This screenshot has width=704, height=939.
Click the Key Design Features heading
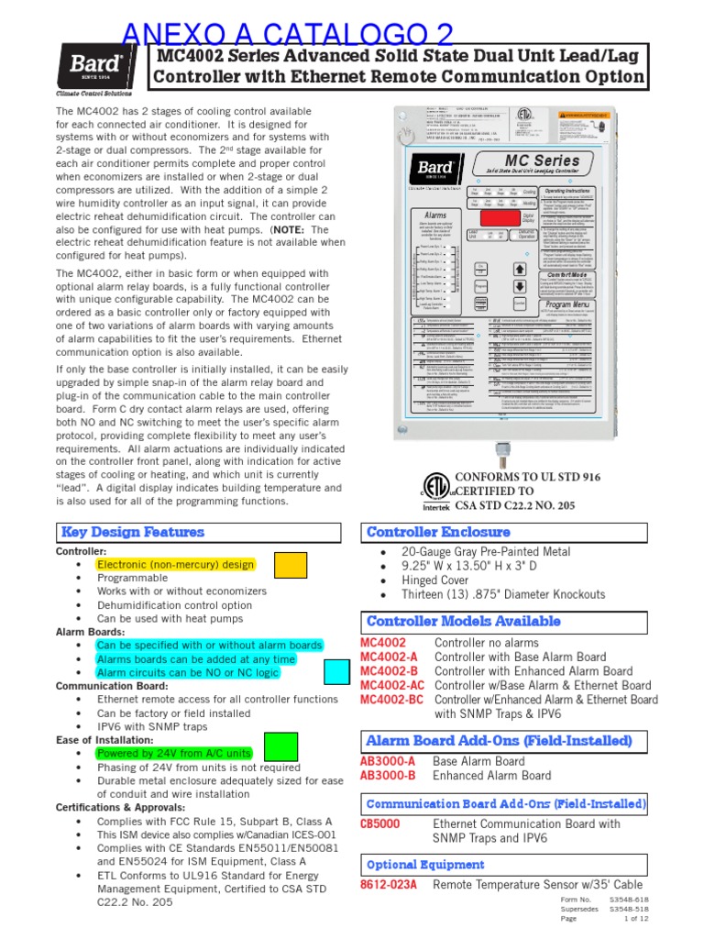132,532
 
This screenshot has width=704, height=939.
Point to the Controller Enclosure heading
438,532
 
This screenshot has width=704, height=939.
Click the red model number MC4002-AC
392,685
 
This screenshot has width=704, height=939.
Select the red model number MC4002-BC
392,699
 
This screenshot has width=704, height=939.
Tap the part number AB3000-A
388,761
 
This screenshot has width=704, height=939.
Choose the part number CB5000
379,823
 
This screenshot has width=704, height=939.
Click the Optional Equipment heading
425,865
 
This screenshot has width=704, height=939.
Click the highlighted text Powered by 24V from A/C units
174,753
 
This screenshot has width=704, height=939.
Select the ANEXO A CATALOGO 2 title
287,34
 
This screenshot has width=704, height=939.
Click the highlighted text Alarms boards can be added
196,658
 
